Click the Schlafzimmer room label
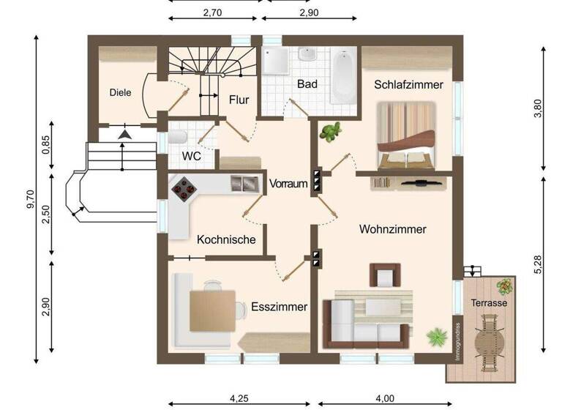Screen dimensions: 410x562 tap(408, 85)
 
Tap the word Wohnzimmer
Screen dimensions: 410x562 tap(392, 229)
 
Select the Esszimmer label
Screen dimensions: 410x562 tap(279, 307)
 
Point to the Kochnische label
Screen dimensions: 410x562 tap(226, 239)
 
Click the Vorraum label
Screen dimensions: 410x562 tap(288, 184)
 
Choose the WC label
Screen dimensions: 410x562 tap(191, 156)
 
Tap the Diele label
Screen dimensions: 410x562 tap(120, 92)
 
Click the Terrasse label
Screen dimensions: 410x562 tap(489, 302)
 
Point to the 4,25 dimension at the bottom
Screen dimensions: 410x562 tap(239, 399)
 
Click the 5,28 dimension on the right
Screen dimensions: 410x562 tap(539, 265)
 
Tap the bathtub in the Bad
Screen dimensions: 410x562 tap(342, 76)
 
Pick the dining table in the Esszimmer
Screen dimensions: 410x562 tap(212, 310)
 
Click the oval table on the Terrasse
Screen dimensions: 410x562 tap(489, 341)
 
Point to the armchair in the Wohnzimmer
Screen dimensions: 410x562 tap(385, 275)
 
